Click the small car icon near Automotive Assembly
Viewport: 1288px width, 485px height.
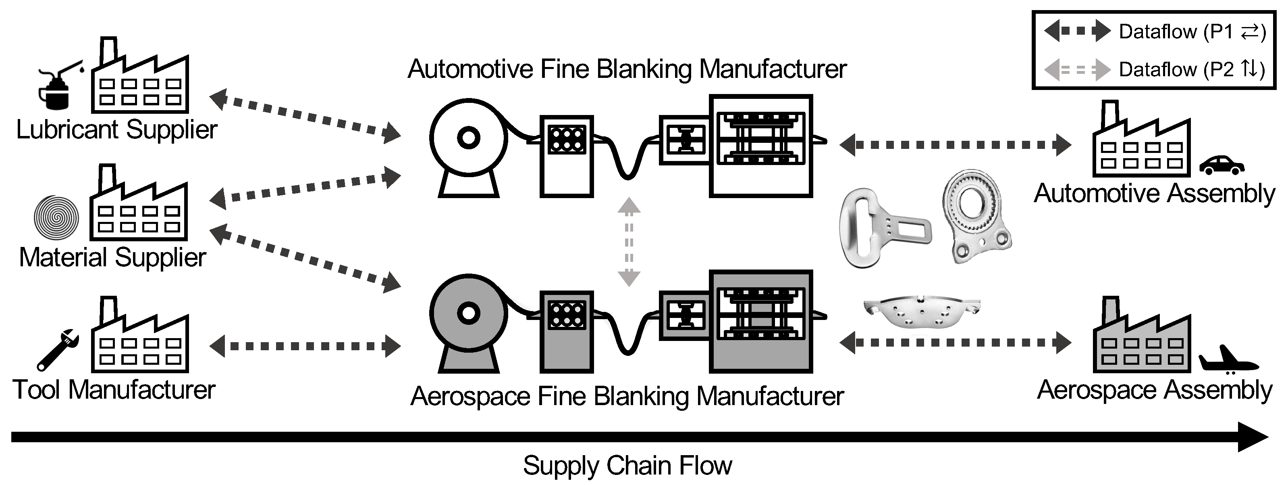click(1222, 165)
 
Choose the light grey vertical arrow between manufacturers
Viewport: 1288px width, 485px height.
click(629, 242)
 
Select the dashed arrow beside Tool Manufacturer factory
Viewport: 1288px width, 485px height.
click(305, 346)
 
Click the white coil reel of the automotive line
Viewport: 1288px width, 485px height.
click(469, 138)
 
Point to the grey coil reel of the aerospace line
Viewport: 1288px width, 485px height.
click(469, 314)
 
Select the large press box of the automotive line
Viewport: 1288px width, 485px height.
click(760, 145)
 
